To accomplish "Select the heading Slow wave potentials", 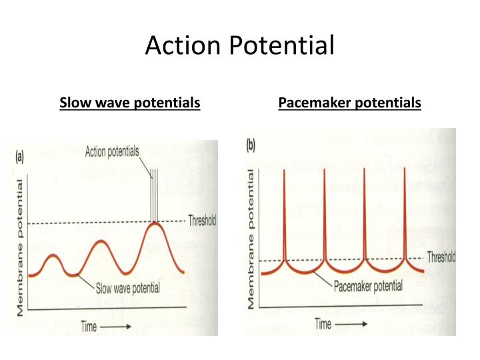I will tap(130, 103).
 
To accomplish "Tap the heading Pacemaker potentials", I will tap(349, 103).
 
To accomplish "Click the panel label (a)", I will tap(20, 157).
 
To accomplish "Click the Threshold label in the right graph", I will tap(441, 257).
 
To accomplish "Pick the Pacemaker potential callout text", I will tap(367, 287).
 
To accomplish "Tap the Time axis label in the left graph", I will tap(92, 326).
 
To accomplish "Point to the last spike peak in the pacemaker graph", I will tap(404, 171).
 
